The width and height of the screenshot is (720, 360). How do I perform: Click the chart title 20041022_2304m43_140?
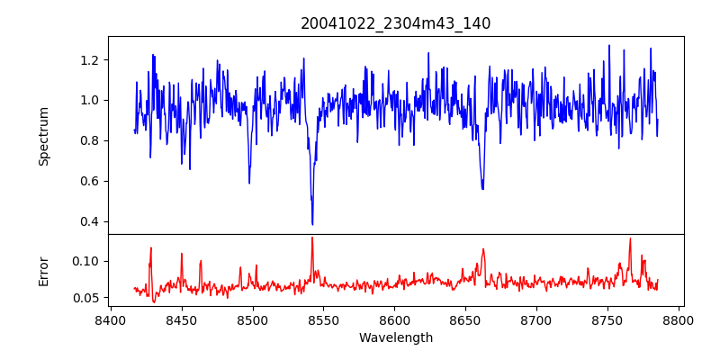[395, 23]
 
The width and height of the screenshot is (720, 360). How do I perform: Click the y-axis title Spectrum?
[43, 135]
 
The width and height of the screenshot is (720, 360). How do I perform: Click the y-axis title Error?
[43, 271]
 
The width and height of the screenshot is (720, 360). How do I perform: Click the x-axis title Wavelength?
[395, 338]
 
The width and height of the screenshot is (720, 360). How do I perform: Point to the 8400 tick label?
[110, 319]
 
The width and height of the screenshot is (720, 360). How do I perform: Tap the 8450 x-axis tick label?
[181, 319]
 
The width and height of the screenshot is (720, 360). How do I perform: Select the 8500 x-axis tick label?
[252, 319]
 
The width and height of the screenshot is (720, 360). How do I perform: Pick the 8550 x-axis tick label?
[323, 319]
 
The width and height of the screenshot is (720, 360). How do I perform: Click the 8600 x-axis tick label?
[394, 319]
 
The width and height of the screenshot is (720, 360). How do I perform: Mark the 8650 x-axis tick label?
[465, 319]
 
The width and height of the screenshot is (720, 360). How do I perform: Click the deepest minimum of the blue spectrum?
[312, 224]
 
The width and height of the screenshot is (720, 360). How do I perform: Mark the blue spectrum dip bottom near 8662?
[482, 189]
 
